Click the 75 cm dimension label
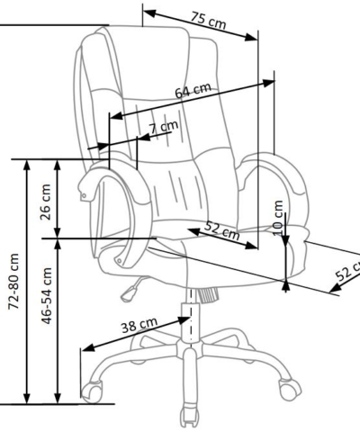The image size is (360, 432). pos(208,21)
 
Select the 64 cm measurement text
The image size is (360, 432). pos(193,90)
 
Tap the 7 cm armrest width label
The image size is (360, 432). pos(164,128)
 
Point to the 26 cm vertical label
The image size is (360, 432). pos(45,202)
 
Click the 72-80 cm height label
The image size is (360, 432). pos(13,281)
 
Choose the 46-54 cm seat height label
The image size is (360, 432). pos(47,296)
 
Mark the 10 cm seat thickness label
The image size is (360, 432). pos(279,218)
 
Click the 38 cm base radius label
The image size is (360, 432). pos(139,325)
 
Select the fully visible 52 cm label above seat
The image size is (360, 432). pos(221,230)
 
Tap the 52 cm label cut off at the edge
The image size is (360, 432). pos(347,271)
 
